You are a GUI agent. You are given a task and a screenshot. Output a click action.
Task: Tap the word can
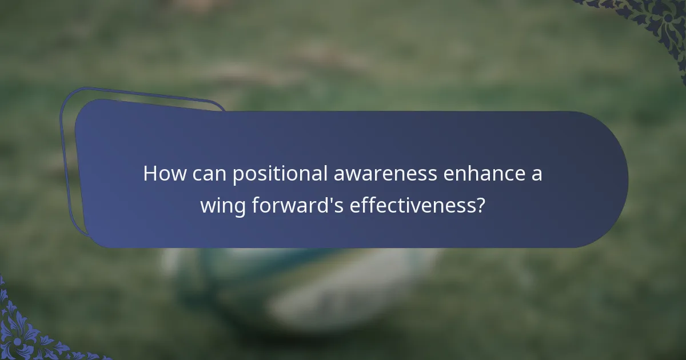[208, 174]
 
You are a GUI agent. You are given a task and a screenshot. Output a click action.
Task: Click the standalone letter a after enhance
[536, 175]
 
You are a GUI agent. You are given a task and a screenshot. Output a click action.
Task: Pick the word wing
[223, 206]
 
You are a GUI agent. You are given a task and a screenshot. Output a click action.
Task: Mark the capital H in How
[150, 174]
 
